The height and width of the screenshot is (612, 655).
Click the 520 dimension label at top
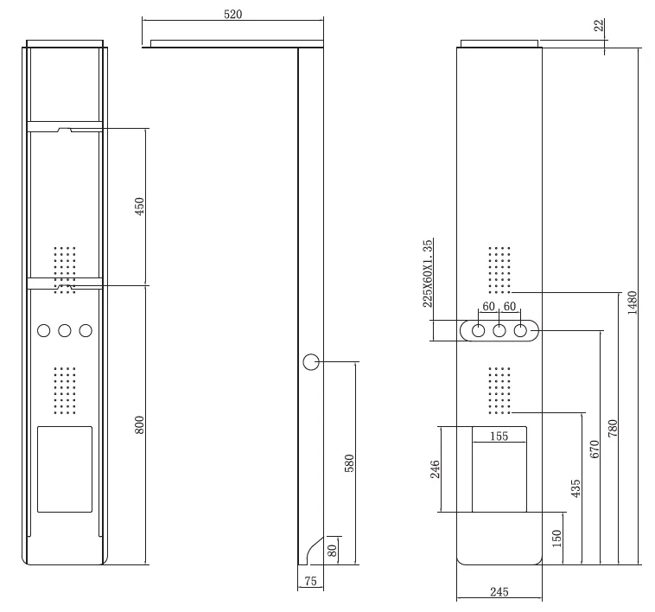point(232,14)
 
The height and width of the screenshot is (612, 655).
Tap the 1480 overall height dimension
point(632,303)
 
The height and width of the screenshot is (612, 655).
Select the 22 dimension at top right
point(599,25)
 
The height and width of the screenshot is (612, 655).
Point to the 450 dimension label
point(139,207)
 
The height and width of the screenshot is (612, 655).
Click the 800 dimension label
point(139,424)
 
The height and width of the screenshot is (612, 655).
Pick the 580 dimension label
point(349,463)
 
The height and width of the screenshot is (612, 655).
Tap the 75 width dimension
point(311,581)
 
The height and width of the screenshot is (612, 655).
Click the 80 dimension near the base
point(332,551)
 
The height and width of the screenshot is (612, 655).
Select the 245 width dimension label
point(499,591)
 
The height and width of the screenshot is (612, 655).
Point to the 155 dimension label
point(499,437)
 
